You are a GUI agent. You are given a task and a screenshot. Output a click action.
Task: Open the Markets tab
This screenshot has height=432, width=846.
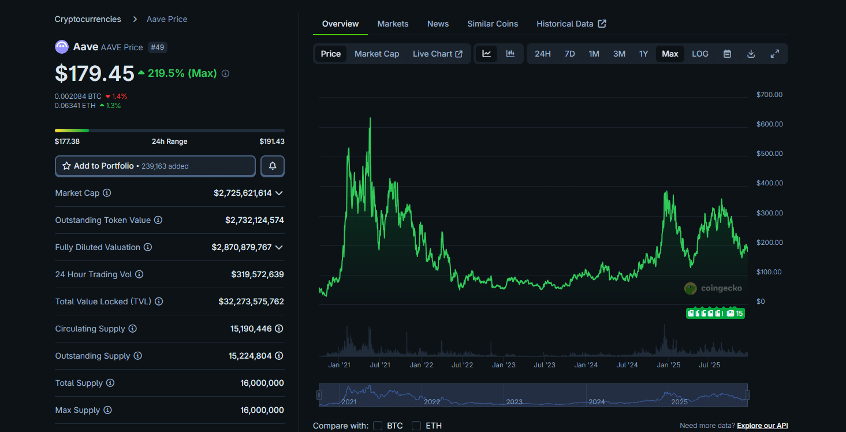coord(393,24)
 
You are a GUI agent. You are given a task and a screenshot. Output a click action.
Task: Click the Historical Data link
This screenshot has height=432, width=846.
coord(571,24)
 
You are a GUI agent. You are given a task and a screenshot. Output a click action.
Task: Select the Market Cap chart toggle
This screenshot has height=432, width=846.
coord(377,54)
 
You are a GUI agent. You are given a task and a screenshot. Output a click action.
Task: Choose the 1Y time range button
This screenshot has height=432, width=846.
coord(643,54)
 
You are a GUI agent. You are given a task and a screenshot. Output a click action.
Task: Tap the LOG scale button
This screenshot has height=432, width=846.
coord(700,54)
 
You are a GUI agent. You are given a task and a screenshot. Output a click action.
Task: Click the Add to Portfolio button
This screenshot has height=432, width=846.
coord(155,166)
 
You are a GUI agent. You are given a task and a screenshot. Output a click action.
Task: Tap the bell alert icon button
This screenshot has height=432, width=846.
coord(273,166)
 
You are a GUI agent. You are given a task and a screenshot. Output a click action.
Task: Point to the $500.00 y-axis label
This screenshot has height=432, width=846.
coord(769,154)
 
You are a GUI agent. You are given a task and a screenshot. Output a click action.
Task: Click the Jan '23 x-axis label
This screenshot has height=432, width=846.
coord(504,365)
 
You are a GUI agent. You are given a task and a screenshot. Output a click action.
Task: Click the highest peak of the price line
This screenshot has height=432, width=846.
coord(370,119)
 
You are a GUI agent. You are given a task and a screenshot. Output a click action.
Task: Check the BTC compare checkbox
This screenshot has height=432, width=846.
coord(378,426)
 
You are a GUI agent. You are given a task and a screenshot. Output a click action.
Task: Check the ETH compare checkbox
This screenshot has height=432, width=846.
coord(416,426)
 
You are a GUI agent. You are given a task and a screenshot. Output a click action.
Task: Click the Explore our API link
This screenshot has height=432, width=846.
coord(762,426)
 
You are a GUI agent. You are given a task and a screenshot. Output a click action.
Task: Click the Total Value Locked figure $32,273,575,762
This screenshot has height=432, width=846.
coord(251,301)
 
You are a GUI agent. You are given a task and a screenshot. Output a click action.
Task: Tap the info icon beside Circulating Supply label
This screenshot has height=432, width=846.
coord(132,329)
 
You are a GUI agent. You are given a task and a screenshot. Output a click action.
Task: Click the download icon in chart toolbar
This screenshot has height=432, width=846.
coord(751,54)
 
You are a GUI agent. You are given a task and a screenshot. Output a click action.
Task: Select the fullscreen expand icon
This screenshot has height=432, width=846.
coord(775,54)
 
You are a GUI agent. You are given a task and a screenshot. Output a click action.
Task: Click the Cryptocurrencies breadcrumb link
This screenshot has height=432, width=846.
coord(88,19)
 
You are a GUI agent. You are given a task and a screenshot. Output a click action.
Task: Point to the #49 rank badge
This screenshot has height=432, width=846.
coord(157,47)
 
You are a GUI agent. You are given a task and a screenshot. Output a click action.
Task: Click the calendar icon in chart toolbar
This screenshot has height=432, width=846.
coord(727,54)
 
